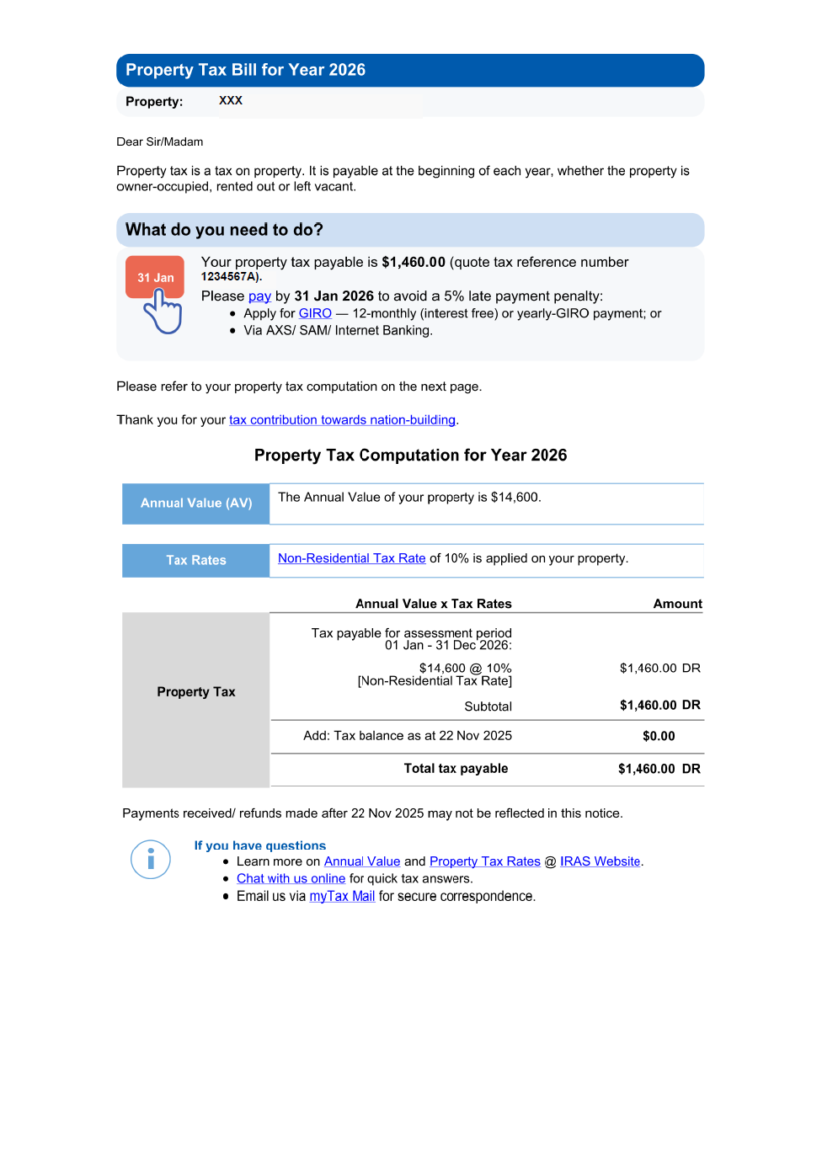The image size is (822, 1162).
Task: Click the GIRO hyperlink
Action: click(x=315, y=313)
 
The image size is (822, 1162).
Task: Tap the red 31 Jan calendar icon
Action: click(x=155, y=277)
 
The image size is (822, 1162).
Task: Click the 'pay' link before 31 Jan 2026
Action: click(x=259, y=296)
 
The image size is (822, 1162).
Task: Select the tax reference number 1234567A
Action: click(x=230, y=276)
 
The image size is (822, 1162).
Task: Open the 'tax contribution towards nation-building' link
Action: click(x=342, y=420)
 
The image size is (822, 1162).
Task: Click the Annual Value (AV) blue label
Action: click(x=196, y=504)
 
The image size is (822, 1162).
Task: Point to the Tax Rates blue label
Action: click(x=196, y=561)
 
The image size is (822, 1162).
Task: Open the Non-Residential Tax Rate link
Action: click(x=351, y=558)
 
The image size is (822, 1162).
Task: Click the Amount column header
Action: click(x=677, y=604)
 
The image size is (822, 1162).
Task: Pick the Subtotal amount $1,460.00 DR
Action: click(x=659, y=706)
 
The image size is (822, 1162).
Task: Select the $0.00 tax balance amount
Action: click(x=659, y=736)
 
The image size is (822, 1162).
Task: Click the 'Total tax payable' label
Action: click(x=456, y=769)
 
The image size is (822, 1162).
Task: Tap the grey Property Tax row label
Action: click(x=196, y=692)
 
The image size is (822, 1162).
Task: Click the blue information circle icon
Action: click(x=151, y=860)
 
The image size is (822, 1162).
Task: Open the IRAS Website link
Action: click(x=600, y=861)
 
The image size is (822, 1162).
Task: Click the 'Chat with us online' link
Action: click(x=291, y=879)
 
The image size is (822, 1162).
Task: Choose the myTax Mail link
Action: click(x=342, y=897)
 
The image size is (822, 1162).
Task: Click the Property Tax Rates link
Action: click(x=484, y=861)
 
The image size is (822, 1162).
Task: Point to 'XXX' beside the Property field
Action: click(x=231, y=100)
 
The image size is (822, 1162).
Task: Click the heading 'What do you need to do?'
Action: click(x=224, y=230)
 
